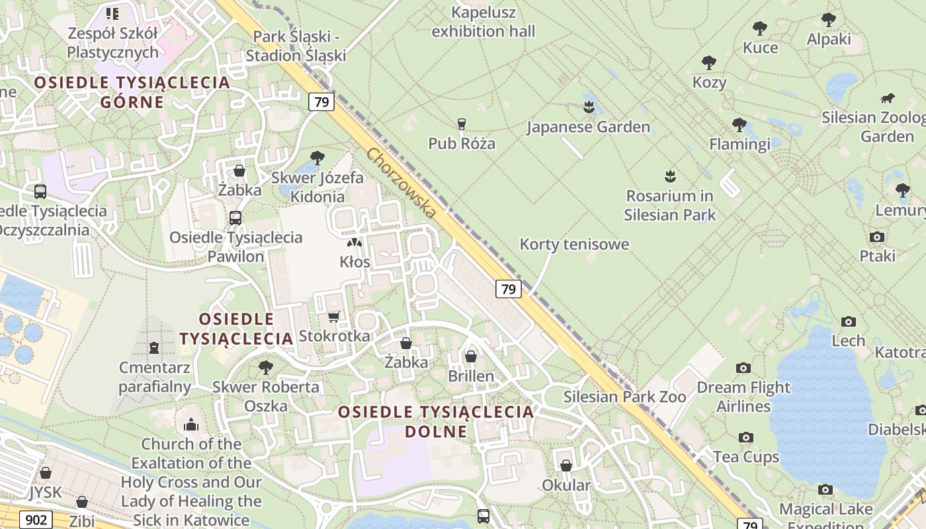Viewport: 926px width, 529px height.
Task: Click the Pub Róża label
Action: (x=462, y=143)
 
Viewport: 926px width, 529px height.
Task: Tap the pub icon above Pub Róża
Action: (x=462, y=124)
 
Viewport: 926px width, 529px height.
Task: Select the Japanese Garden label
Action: (x=589, y=127)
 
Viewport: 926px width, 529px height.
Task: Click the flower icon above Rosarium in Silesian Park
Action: (x=670, y=176)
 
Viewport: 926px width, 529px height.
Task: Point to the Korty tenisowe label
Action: (x=574, y=245)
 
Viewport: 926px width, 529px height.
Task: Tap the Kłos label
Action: (x=355, y=262)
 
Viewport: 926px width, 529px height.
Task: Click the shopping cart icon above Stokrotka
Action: (x=334, y=316)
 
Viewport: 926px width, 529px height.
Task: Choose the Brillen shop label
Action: (x=471, y=376)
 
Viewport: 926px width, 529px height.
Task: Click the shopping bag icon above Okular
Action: (x=566, y=466)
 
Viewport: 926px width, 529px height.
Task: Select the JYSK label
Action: (x=46, y=492)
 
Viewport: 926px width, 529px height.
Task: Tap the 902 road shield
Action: (x=36, y=520)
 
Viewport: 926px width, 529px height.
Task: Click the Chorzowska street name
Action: (x=401, y=183)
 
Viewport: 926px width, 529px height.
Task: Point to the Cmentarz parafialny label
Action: (x=155, y=377)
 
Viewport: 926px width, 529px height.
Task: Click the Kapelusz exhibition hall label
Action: (x=484, y=22)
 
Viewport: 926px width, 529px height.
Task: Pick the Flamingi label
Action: (x=739, y=143)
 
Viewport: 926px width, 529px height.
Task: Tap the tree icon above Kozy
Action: (x=709, y=63)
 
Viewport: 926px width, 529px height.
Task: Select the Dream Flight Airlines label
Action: (x=743, y=397)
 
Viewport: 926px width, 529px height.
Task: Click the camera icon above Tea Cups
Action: (x=746, y=437)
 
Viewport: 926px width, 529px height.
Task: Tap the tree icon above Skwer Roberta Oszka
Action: (x=266, y=367)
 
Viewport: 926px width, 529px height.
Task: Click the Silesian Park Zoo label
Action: (x=625, y=397)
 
